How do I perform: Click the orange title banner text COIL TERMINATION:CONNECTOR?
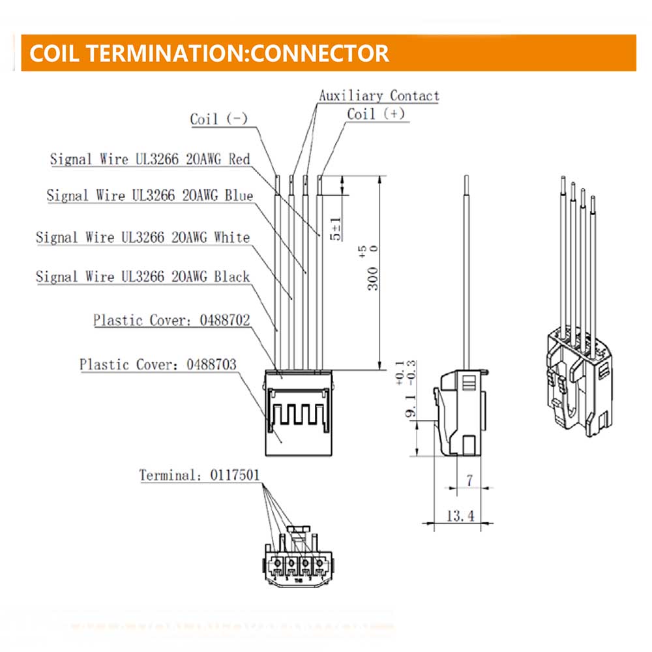pos(209,53)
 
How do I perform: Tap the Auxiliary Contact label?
pos(379,96)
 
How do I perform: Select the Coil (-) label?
pos(218,119)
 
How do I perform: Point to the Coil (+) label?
pos(376,113)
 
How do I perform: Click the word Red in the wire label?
pos(239,159)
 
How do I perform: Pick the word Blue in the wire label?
pos(239,195)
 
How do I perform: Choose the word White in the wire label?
pos(231,237)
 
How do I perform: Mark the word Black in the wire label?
pos(231,276)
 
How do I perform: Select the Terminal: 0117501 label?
pos(199,475)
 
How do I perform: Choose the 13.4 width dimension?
pos(460,516)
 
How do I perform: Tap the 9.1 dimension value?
pos(409,415)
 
